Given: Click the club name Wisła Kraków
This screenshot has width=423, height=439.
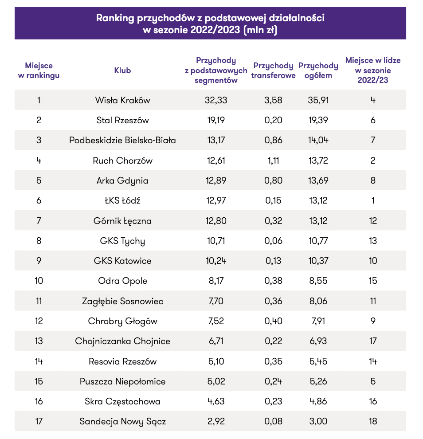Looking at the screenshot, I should [x=122, y=100].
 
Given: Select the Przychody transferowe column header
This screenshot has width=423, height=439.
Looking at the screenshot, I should [x=273, y=71].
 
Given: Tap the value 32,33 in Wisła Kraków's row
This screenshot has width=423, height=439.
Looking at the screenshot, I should [x=216, y=100].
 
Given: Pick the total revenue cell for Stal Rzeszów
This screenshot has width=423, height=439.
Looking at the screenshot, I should [x=318, y=120].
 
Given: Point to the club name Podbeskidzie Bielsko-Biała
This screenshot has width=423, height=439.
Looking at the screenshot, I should [x=122, y=141].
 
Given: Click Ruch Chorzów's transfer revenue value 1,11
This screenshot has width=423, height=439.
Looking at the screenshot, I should [x=273, y=161].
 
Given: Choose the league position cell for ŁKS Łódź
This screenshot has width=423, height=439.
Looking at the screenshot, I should [x=373, y=200].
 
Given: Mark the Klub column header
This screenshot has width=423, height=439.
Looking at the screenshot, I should [x=122, y=71].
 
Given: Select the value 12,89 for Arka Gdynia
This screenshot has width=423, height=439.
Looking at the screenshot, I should [x=216, y=180].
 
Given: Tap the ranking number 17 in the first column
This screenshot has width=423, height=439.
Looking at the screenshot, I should [x=39, y=421].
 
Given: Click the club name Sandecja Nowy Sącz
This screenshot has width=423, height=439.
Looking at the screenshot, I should [x=122, y=421].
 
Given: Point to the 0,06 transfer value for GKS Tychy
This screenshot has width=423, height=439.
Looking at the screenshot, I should [x=273, y=241].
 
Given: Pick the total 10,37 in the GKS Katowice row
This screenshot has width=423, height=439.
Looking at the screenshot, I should [x=318, y=261].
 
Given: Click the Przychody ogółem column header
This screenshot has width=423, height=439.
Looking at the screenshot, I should [x=318, y=71].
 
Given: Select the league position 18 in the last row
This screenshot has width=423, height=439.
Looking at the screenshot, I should [x=373, y=421].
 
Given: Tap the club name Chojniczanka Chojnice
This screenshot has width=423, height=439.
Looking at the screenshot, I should [x=122, y=341].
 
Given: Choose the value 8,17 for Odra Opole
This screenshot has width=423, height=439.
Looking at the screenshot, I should [x=216, y=281].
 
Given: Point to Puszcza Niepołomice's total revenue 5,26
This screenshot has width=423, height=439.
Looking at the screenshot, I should [x=318, y=381].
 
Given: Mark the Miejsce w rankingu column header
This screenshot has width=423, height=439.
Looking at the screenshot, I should [x=39, y=71].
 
